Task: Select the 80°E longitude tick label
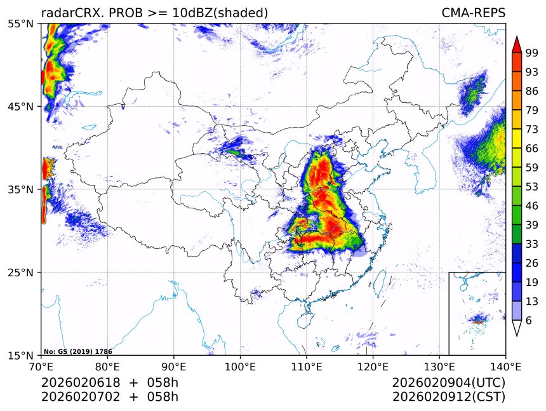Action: [107, 366]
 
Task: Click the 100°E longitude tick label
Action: [240, 366]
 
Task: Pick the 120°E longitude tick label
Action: [373, 366]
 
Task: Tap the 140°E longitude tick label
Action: [505, 366]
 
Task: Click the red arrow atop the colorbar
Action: [516, 44]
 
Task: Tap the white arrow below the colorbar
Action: [516, 328]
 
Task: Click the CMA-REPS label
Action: [474, 13]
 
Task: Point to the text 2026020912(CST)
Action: [448, 397]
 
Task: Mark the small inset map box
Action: [477, 313]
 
